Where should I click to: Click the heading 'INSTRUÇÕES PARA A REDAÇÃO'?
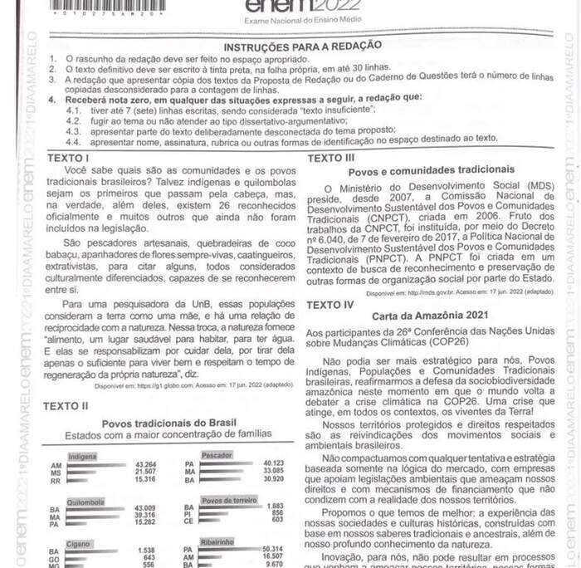point(302,46)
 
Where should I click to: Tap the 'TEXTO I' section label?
point(69,157)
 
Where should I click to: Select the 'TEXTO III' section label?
point(330,158)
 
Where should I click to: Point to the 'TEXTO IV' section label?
point(330,305)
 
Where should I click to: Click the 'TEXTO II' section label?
point(66,406)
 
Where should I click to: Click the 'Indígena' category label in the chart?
point(82,457)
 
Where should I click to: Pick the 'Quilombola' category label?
point(85,502)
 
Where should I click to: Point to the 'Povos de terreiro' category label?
point(228,501)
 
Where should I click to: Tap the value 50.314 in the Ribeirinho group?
point(273,549)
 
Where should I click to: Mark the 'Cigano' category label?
point(81,542)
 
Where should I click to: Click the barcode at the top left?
point(108,8)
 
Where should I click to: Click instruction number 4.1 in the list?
point(74,110)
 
